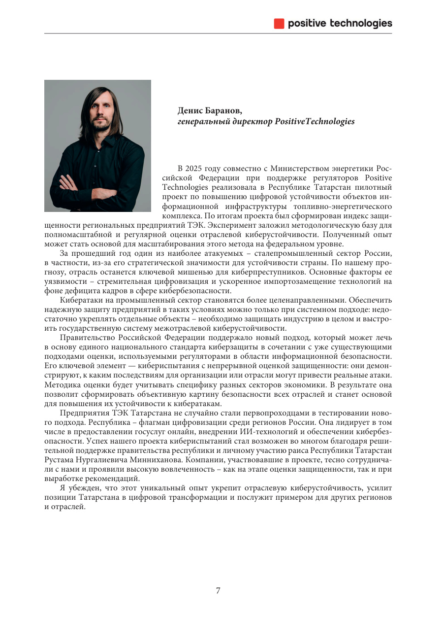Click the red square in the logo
pyautogui.click(x=279, y=23)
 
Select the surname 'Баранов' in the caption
pyautogui.click(x=223, y=110)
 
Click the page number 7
pyautogui.click(x=218, y=591)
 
